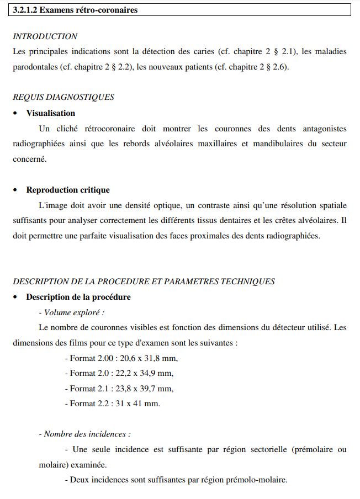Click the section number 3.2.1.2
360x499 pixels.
(27, 10)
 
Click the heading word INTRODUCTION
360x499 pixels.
(45, 36)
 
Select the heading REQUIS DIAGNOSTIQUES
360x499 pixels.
(63, 97)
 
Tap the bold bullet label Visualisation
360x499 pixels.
(50, 113)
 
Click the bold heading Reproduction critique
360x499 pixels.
(68, 190)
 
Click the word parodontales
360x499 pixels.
(34, 67)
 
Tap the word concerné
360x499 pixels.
(30, 160)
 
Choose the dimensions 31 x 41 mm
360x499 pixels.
(138, 404)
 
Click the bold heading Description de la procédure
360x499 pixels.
(78, 297)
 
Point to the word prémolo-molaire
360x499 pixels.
(260, 480)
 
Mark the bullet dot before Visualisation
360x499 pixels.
(15, 114)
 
